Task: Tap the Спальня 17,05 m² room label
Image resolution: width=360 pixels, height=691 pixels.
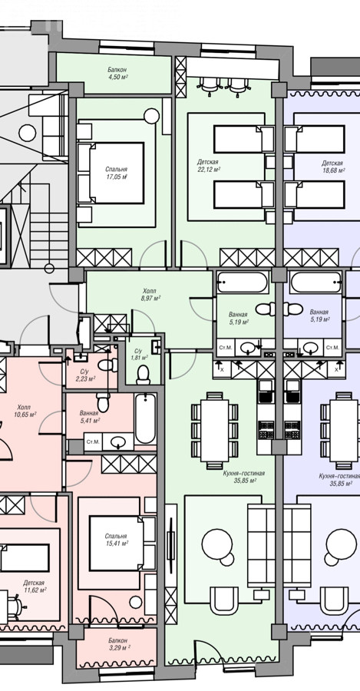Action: (x=117, y=173)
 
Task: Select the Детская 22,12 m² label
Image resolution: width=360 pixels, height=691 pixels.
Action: (x=209, y=166)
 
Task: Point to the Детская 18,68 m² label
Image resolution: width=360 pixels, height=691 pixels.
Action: (x=332, y=166)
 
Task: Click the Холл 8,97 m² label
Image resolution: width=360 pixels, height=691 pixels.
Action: (x=149, y=294)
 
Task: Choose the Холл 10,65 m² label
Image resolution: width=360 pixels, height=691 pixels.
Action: (x=25, y=411)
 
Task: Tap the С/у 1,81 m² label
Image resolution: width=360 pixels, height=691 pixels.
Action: (x=139, y=354)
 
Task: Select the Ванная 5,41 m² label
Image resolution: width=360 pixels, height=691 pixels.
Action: (x=89, y=416)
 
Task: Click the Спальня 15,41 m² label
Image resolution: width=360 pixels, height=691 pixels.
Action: (x=117, y=540)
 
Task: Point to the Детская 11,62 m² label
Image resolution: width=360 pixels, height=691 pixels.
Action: (x=35, y=586)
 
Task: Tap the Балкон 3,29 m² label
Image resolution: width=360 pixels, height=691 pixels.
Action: (x=118, y=643)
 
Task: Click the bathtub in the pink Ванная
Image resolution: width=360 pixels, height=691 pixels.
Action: (x=145, y=418)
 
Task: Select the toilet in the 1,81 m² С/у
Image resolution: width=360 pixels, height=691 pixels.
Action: (x=144, y=375)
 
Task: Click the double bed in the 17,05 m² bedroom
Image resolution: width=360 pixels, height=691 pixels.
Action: (x=111, y=173)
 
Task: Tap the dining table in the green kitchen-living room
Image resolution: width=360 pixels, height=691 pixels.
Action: (x=215, y=431)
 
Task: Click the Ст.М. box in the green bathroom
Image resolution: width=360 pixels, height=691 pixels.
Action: (x=225, y=348)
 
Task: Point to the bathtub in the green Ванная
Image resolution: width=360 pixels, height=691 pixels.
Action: (x=243, y=283)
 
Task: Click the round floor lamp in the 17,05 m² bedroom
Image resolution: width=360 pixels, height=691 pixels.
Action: (x=151, y=117)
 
